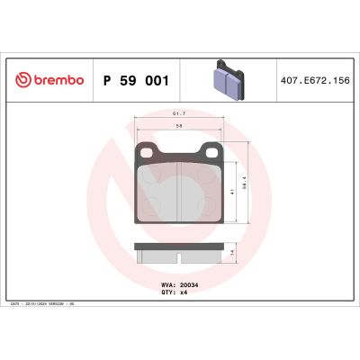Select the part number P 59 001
tap(137, 80)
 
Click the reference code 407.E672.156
tap(315, 80)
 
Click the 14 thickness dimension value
tap(233, 254)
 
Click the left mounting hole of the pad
tap(144, 154)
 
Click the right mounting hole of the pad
tap(211, 154)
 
